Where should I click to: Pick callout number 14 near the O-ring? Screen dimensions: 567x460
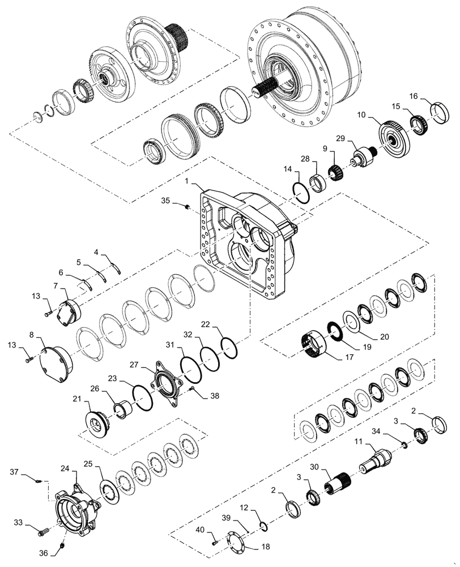tap(288, 169)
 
